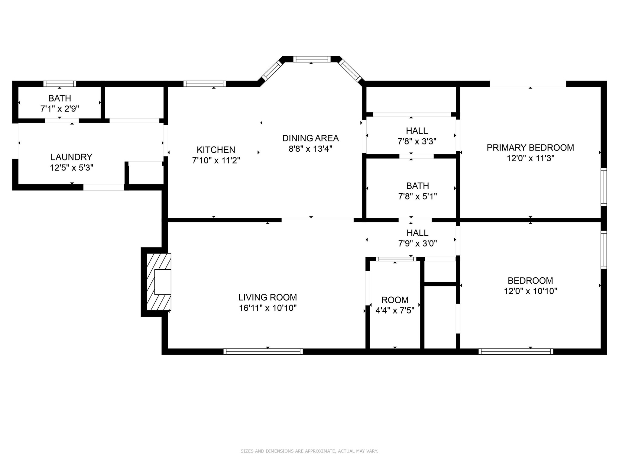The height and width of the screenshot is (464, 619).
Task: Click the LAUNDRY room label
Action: [x=71, y=157]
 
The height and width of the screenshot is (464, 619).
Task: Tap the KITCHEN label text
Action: [x=216, y=150]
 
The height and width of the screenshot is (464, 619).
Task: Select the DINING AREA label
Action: [x=310, y=138]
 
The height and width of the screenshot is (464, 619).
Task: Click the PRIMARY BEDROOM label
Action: [x=530, y=148]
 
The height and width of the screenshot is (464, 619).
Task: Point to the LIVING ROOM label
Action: [x=267, y=298]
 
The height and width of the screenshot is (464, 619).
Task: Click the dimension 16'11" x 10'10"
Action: [x=267, y=308]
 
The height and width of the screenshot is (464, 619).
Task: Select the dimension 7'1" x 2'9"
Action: [x=60, y=109]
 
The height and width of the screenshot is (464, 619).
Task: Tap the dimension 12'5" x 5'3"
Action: [x=71, y=168]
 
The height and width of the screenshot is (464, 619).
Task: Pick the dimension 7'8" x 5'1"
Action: [x=417, y=197]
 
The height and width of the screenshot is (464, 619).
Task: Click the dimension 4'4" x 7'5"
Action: [x=395, y=311]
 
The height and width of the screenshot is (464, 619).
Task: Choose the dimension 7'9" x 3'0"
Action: [x=417, y=243]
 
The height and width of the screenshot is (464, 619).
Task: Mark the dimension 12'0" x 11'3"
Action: [x=530, y=158]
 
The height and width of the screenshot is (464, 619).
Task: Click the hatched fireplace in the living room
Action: [x=159, y=282]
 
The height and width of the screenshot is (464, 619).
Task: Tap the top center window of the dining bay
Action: [x=312, y=59]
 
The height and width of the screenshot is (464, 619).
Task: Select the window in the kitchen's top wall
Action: [x=205, y=84]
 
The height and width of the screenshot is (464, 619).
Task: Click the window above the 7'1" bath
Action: [x=60, y=84]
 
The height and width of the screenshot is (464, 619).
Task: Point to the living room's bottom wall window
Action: [x=263, y=351]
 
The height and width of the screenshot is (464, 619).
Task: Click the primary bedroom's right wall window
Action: [x=604, y=187]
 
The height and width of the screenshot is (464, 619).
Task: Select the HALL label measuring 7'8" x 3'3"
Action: [x=417, y=131]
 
